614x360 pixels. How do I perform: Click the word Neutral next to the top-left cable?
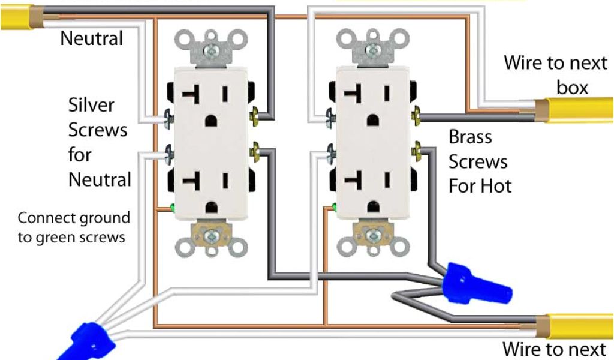click(91, 39)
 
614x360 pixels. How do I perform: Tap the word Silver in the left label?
click(91, 105)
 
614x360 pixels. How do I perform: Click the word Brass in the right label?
click(470, 137)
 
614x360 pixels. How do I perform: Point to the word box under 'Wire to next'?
click(573, 88)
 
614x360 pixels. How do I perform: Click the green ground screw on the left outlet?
click(172, 209)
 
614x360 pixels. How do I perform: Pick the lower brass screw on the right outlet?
click(415, 149)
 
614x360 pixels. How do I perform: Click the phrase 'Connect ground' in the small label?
click(74, 217)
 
